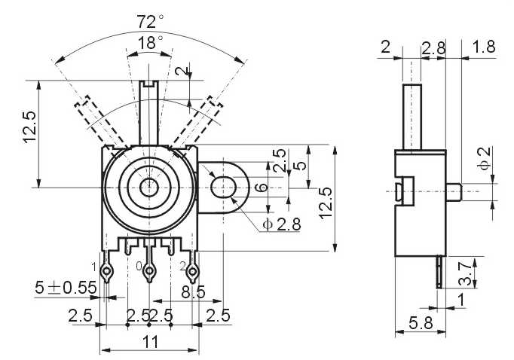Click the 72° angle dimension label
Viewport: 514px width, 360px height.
click(150, 22)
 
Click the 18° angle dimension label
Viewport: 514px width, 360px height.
click(150, 43)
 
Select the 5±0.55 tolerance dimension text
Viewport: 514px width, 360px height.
click(66, 288)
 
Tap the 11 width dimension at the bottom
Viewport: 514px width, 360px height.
click(151, 342)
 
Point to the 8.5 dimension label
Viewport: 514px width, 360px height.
click(194, 292)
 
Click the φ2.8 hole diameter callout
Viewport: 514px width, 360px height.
click(281, 224)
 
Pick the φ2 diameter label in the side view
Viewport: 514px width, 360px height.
click(484, 158)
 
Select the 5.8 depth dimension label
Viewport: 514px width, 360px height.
click(421, 323)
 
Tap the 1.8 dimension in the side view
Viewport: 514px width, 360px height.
click(484, 47)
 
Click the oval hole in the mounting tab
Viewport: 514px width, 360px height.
click(223, 187)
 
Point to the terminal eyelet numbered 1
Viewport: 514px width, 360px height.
click(107, 271)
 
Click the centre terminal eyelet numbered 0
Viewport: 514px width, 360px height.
click(149, 271)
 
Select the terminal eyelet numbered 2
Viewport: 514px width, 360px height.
click(192, 271)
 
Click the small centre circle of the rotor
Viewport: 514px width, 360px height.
click(149, 188)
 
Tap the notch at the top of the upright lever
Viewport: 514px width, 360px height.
click(149, 84)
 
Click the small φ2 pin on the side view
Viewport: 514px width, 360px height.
click(454, 191)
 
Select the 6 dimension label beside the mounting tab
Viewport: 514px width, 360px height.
click(262, 188)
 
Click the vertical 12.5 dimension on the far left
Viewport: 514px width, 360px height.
click(29, 127)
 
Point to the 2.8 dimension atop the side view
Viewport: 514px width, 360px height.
click(433, 48)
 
